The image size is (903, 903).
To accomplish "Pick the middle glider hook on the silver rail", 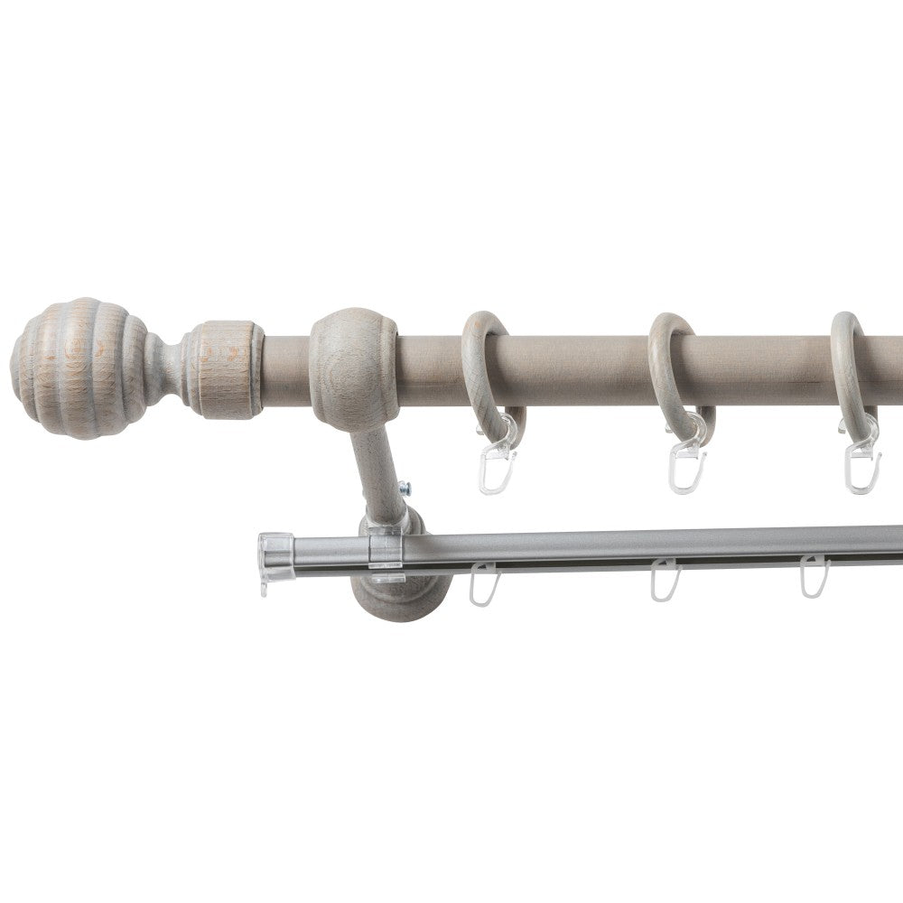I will tap(664, 582).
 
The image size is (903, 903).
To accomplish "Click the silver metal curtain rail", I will tap(632, 545).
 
